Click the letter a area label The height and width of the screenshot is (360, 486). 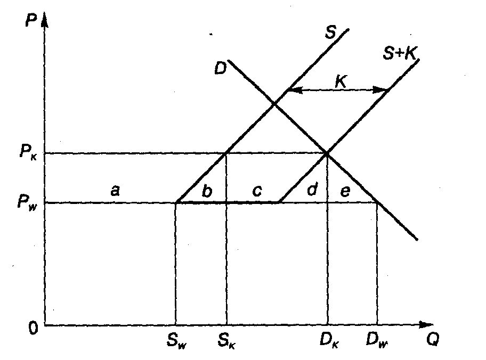point(115,190)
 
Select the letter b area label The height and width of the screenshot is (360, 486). point(207,191)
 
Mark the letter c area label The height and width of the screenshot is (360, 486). point(257,191)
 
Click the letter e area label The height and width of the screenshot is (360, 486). point(345,191)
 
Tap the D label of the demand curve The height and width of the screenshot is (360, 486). point(220,68)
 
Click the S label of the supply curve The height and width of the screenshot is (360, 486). point(330,33)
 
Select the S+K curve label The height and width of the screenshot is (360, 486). point(400,53)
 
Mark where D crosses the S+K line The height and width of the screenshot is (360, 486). point(327,154)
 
